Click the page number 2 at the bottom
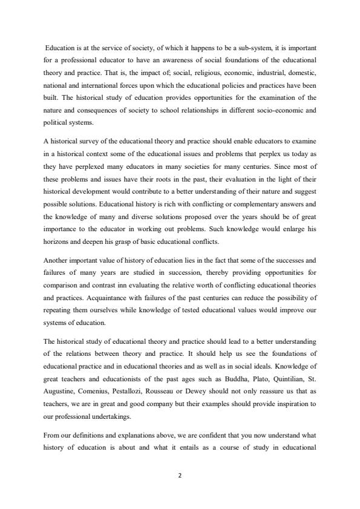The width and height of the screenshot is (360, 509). pyautogui.click(x=180, y=476)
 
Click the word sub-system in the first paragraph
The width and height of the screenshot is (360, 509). pyautogui.click(x=226, y=47)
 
